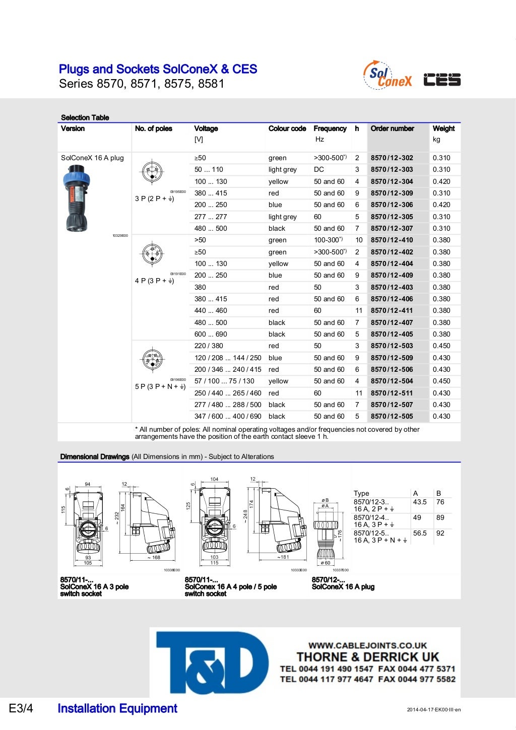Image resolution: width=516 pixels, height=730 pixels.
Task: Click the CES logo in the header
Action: [x=442, y=80]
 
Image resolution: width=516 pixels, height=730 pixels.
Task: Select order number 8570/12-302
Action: [x=392, y=158]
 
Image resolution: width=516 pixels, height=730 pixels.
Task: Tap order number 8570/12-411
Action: [x=392, y=311]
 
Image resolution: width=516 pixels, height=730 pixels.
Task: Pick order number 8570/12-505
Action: [x=392, y=417]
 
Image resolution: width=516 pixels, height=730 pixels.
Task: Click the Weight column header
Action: [x=443, y=128]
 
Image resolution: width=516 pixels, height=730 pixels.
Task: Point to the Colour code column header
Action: [x=287, y=128]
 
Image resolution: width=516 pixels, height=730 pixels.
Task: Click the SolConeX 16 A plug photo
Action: [x=76, y=198]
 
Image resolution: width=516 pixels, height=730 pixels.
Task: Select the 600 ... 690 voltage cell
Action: [x=211, y=335]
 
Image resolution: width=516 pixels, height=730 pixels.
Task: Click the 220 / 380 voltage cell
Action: [x=209, y=346]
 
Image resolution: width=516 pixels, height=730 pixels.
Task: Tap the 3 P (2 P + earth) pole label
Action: [x=154, y=199]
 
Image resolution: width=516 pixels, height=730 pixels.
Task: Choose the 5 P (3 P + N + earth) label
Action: [x=160, y=387]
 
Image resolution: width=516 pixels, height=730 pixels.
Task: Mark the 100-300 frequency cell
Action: [x=328, y=240]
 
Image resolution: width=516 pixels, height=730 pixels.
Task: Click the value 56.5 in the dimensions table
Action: [x=420, y=533]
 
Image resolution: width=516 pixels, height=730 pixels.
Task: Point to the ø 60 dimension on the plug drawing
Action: [x=326, y=563]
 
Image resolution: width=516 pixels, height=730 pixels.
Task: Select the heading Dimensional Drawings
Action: [x=95, y=457]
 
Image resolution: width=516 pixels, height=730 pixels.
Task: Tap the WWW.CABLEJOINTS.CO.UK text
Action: [x=367, y=645]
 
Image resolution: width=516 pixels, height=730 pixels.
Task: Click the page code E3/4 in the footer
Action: [x=21, y=709]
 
